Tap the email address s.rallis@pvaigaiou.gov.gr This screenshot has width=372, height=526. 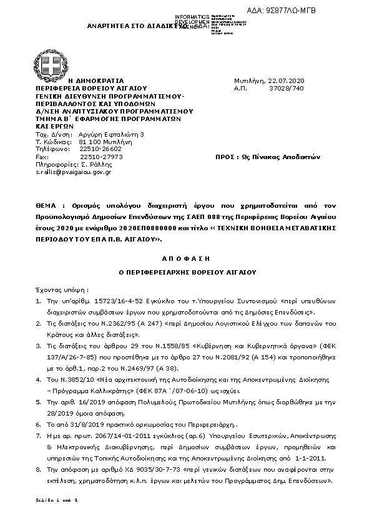[73, 172]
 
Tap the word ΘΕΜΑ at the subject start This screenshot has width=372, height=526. [47, 204]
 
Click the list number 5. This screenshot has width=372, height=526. [38, 404]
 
